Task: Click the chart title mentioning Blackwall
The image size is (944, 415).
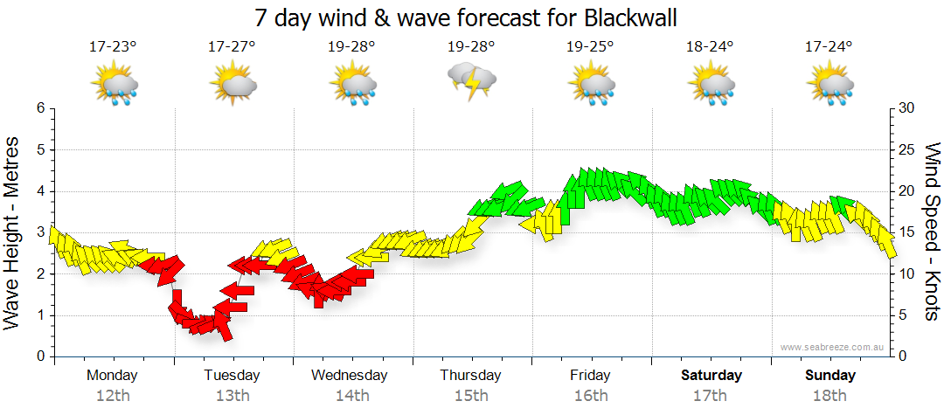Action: pyautogui.click(x=466, y=17)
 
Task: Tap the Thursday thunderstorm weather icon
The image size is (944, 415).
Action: pyautogui.click(x=472, y=81)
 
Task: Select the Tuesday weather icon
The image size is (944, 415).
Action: pyautogui.click(x=233, y=86)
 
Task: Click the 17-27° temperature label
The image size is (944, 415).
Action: pyautogui.click(x=232, y=47)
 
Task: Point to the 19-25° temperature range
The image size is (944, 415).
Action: pyautogui.click(x=590, y=47)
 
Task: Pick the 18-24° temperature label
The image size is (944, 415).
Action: pyautogui.click(x=711, y=47)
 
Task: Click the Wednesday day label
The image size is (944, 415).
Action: pyautogui.click(x=350, y=375)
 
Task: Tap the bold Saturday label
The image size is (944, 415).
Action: pyautogui.click(x=711, y=375)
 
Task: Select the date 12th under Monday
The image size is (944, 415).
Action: pyautogui.click(x=112, y=396)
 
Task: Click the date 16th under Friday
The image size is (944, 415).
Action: pyautogui.click(x=591, y=396)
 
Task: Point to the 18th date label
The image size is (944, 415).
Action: pyautogui.click(x=830, y=396)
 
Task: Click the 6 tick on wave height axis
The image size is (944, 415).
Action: pyautogui.click(x=40, y=108)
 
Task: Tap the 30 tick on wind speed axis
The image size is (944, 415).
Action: pyautogui.click(x=907, y=108)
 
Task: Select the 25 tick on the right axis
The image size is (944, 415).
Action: pyautogui.click(x=907, y=149)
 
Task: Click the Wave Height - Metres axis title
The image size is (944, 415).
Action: pyautogui.click(x=13, y=232)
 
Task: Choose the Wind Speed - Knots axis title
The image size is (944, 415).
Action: pyautogui.click(x=932, y=232)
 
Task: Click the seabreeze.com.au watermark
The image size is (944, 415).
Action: pyautogui.click(x=833, y=348)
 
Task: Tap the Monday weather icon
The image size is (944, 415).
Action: pyautogui.click(x=114, y=86)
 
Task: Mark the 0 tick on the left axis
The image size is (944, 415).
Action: pyautogui.click(x=40, y=356)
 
